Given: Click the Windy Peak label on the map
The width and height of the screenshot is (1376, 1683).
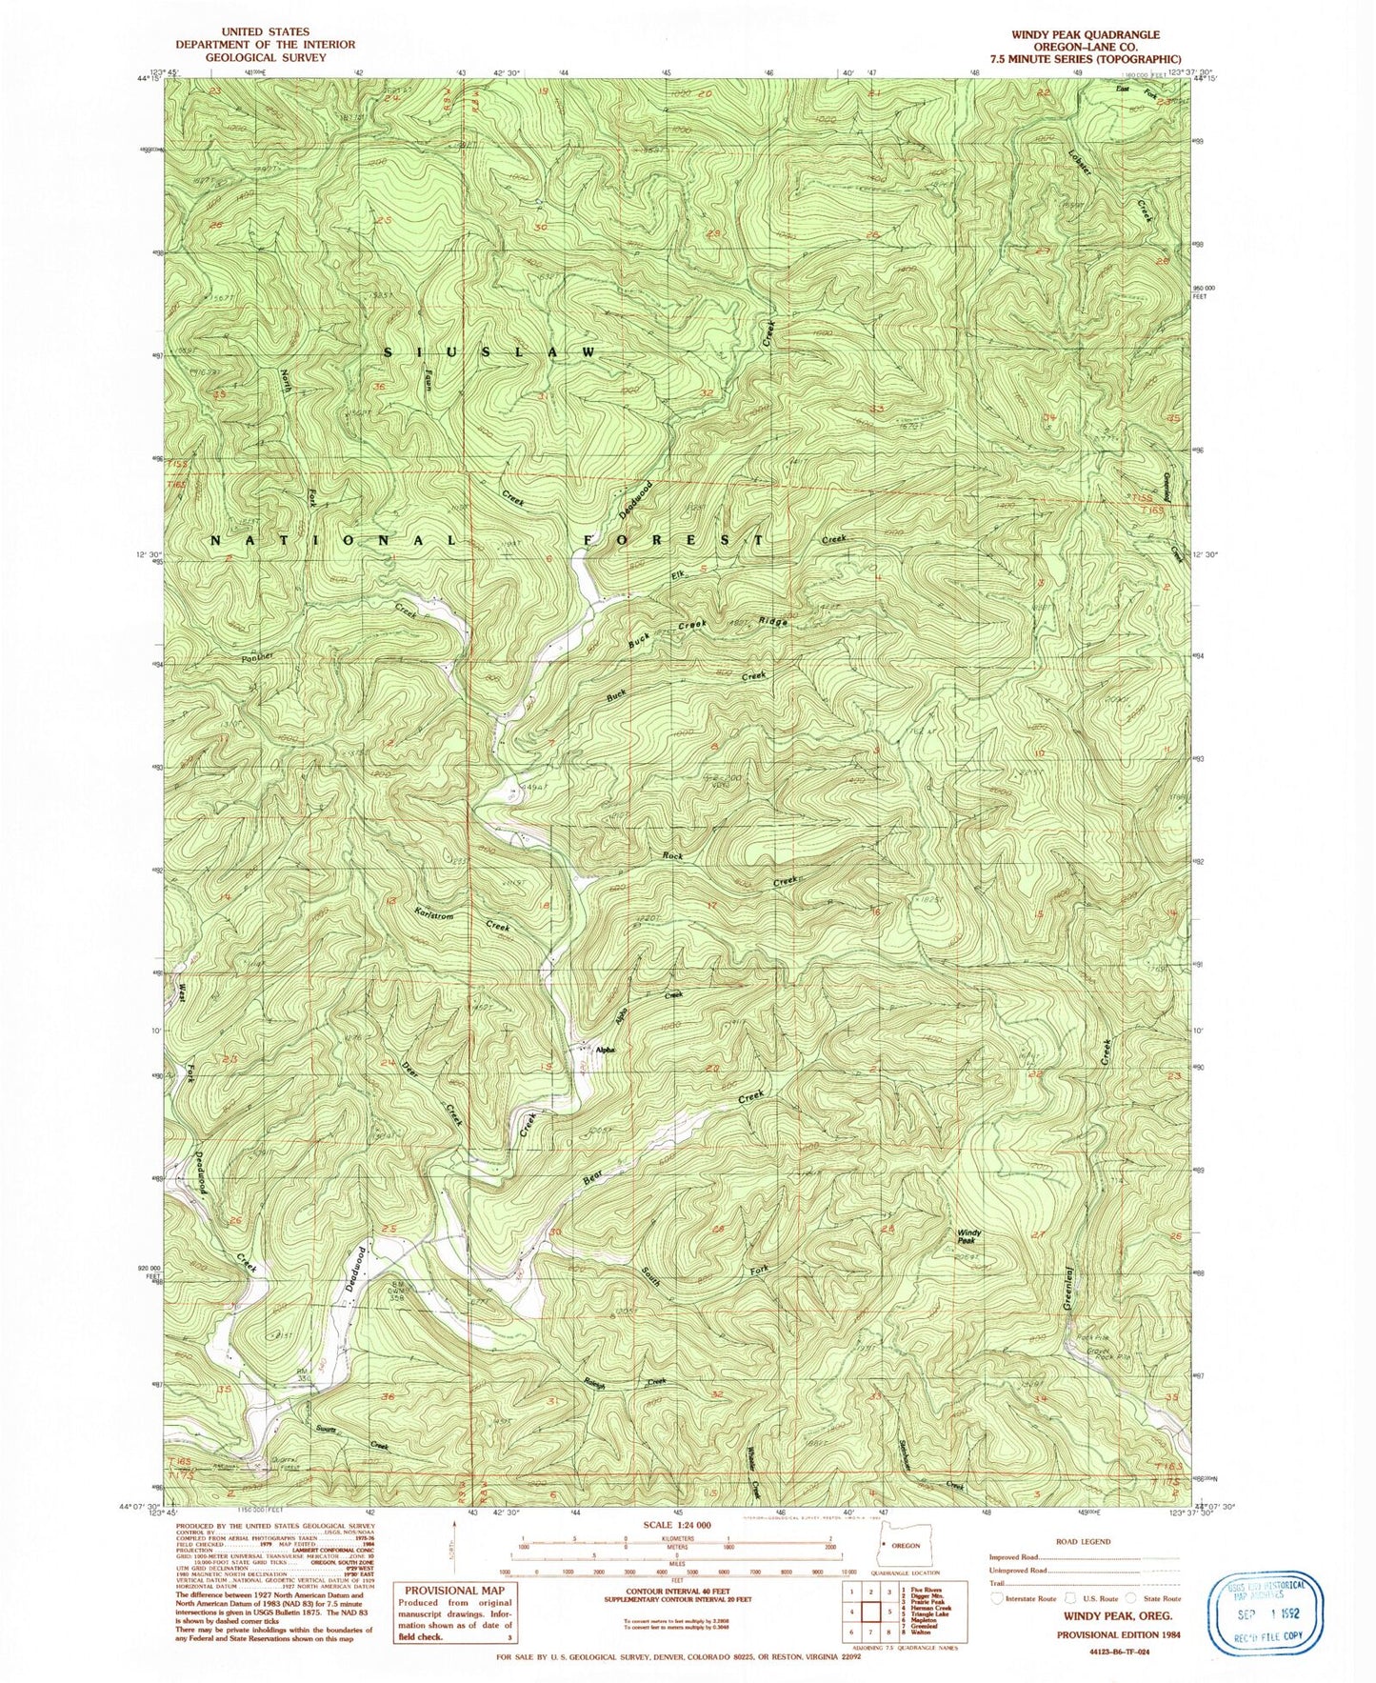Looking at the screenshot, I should tap(969, 1236).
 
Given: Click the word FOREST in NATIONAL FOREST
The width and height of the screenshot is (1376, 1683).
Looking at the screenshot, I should tap(672, 540).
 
